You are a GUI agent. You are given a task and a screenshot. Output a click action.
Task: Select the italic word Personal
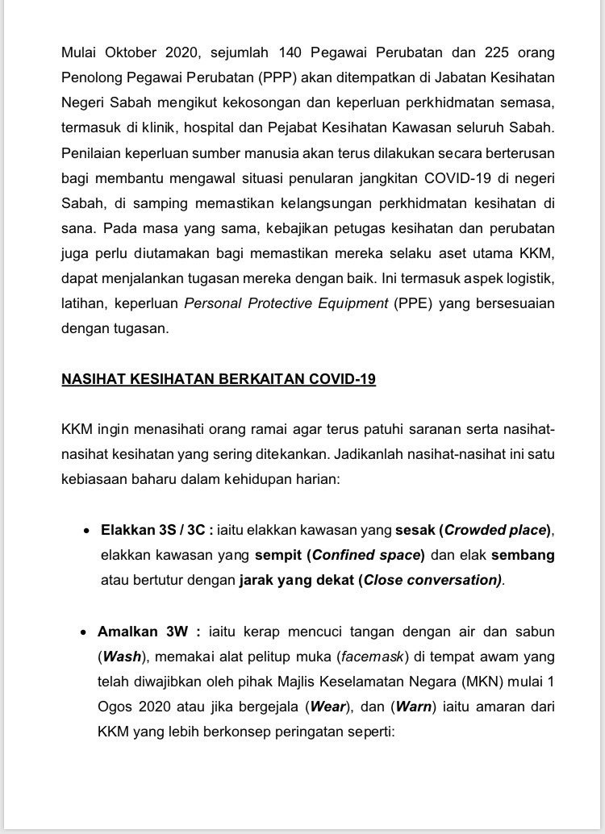click(x=212, y=303)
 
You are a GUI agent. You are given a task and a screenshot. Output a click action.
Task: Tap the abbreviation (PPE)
click(x=413, y=303)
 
